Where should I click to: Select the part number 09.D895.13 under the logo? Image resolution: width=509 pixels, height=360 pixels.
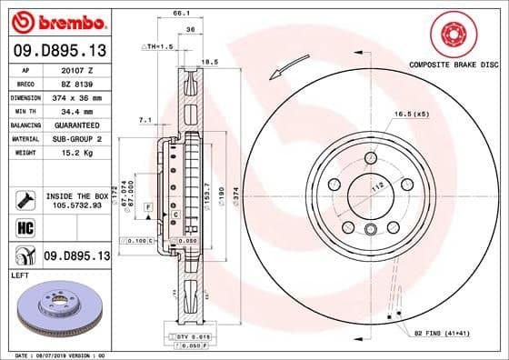tap(59, 50)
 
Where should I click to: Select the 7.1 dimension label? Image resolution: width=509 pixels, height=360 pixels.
tap(145, 119)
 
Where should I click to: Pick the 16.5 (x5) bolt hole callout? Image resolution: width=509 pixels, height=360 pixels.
tap(411, 114)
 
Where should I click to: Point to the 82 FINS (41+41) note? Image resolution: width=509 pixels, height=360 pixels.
tap(442, 335)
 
